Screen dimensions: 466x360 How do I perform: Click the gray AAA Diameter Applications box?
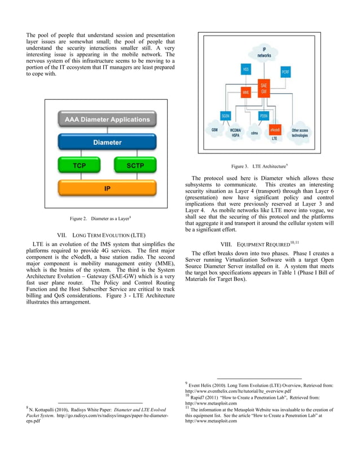107,120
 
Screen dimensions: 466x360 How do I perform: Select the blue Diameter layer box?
107,142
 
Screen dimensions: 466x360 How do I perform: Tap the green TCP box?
79,166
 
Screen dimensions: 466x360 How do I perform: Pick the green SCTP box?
134,166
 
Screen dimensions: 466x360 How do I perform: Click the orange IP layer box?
107,189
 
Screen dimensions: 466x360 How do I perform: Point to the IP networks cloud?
264,54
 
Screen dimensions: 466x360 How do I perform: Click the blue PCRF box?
286,72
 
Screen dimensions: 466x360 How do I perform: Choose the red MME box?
246,91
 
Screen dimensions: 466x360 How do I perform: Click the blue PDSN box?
264,115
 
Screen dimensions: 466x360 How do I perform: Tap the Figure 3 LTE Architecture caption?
260,166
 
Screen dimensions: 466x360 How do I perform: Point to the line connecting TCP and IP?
79,177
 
